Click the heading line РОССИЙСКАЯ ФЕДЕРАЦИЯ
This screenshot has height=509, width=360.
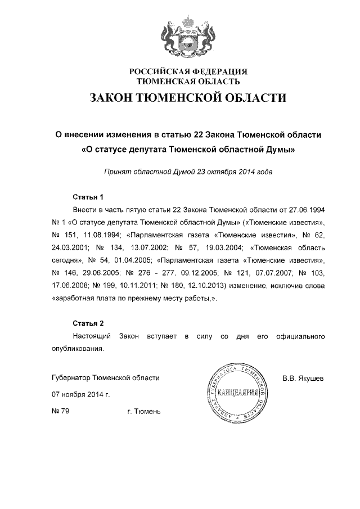[188, 72]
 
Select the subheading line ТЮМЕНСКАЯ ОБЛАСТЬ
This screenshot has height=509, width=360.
[188, 82]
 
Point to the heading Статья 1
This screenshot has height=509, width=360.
[89, 197]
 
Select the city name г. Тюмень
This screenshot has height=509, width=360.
[145, 412]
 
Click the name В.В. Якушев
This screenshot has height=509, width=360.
[303, 378]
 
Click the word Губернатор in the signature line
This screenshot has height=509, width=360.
[71, 378]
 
